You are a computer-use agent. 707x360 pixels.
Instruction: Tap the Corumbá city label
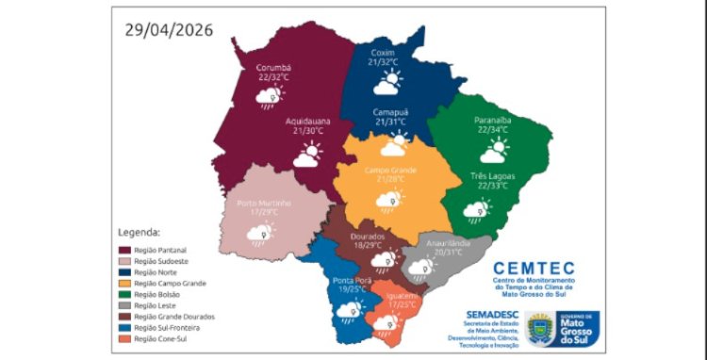[274, 68]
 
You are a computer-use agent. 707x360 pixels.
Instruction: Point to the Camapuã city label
[390, 110]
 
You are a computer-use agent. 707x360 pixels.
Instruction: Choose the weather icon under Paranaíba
[492, 150]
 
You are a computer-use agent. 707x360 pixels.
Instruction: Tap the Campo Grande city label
[389, 170]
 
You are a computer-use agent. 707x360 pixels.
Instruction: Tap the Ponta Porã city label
[351, 280]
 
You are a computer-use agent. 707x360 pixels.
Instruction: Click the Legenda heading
[139, 231]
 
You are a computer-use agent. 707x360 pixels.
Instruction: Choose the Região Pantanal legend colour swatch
[124, 249]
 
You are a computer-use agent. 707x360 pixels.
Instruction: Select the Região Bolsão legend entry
[156, 294]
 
